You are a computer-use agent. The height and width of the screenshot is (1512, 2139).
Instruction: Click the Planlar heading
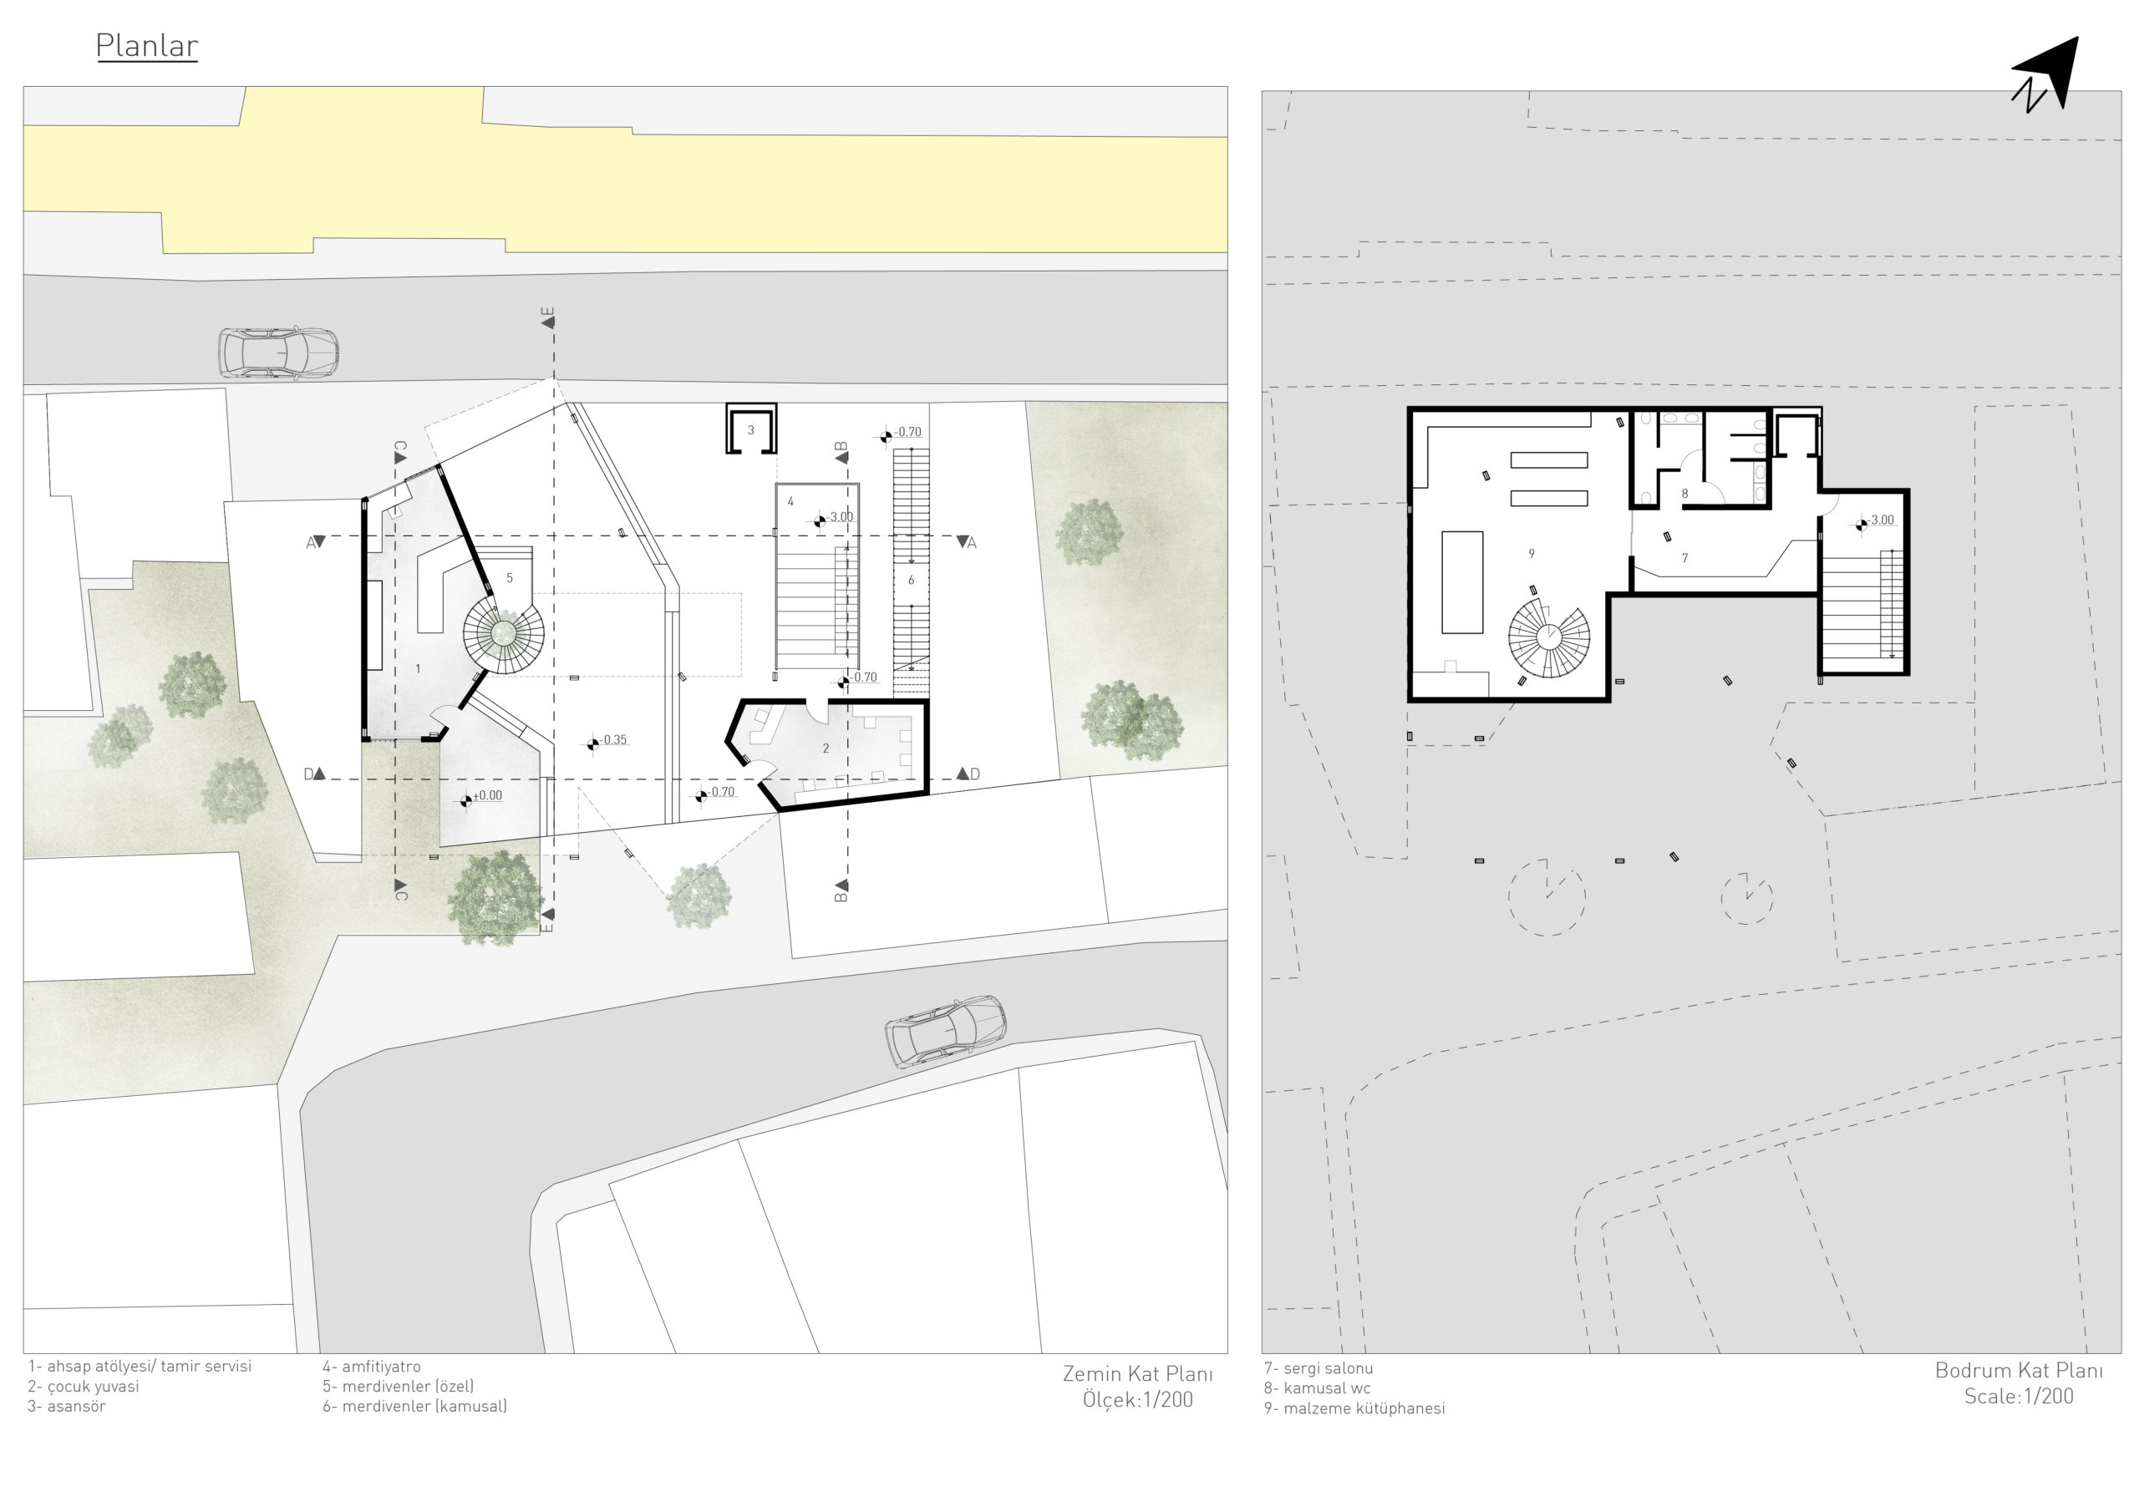(x=146, y=46)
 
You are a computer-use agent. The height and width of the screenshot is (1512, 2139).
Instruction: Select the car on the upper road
(x=277, y=353)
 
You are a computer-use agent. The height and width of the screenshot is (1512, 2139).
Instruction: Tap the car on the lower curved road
(x=945, y=1032)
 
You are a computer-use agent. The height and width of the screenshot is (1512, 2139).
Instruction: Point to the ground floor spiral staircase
(x=504, y=633)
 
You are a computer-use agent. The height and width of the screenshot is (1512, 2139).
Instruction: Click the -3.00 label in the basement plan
(x=1874, y=522)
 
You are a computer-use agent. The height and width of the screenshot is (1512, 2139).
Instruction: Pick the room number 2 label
(x=826, y=748)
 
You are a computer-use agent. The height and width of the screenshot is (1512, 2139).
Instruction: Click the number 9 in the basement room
(x=1532, y=555)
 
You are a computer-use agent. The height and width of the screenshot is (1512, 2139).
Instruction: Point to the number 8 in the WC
(x=1684, y=494)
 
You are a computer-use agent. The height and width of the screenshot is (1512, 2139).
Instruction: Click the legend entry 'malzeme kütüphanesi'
(x=1354, y=1408)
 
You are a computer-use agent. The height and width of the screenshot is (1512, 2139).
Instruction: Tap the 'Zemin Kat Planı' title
(x=1137, y=1374)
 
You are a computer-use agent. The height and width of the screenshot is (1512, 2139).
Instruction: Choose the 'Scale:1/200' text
(x=2019, y=1397)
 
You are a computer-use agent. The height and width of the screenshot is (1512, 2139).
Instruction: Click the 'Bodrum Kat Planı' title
(x=2019, y=1370)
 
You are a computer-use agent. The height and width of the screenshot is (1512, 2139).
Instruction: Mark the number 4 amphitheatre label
(x=791, y=501)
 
